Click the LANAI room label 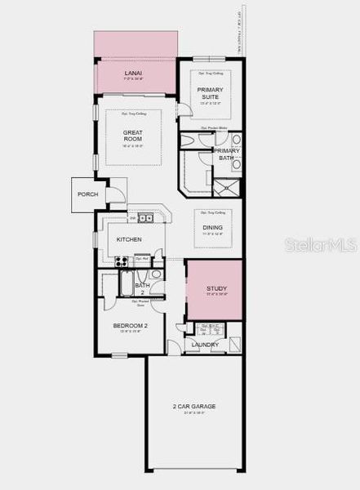(x=133, y=73)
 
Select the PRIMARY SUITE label (x=210, y=92)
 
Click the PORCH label (x=88, y=194)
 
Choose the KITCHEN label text (x=129, y=239)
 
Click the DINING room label (x=212, y=228)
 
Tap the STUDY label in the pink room (x=216, y=289)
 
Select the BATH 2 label (x=139, y=288)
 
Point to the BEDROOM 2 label (x=131, y=326)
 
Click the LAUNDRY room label (x=204, y=345)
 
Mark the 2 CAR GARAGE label (x=193, y=406)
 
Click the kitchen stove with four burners (x=121, y=261)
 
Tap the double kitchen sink (x=145, y=217)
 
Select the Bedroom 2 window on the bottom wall (x=119, y=354)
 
